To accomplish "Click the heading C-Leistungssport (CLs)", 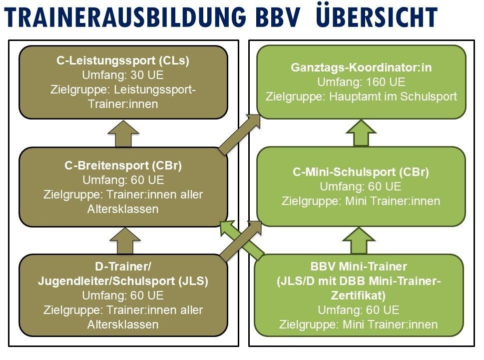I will pyautogui.click(x=123, y=61).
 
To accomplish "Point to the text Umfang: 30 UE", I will pyautogui.click(x=123, y=75).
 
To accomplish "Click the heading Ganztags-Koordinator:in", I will pyautogui.click(x=361, y=67).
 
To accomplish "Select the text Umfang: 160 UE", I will pyautogui.click(x=361, y=81).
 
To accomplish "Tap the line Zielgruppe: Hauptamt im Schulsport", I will pyautogui.click(x=361, y=96).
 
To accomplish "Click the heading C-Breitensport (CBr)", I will pyautogui.click(x=123, y=165).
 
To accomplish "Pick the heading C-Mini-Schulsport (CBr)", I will pyautogui.click(x=361, y=172).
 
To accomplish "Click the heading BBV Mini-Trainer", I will pyautogui.click(x=359, y=266).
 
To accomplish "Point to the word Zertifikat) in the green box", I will pyautogui.click(x=359, y=295).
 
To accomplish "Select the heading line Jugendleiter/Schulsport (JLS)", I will pyautogui.click(x=123, y=281).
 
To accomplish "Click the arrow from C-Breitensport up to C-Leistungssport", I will pyautogui.click(x=123, y=134).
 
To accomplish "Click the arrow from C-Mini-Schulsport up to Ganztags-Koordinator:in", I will pyautogui.click(x=361, y=133).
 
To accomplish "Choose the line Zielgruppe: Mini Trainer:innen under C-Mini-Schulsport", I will pyautogui.click(x=361, y=201).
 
